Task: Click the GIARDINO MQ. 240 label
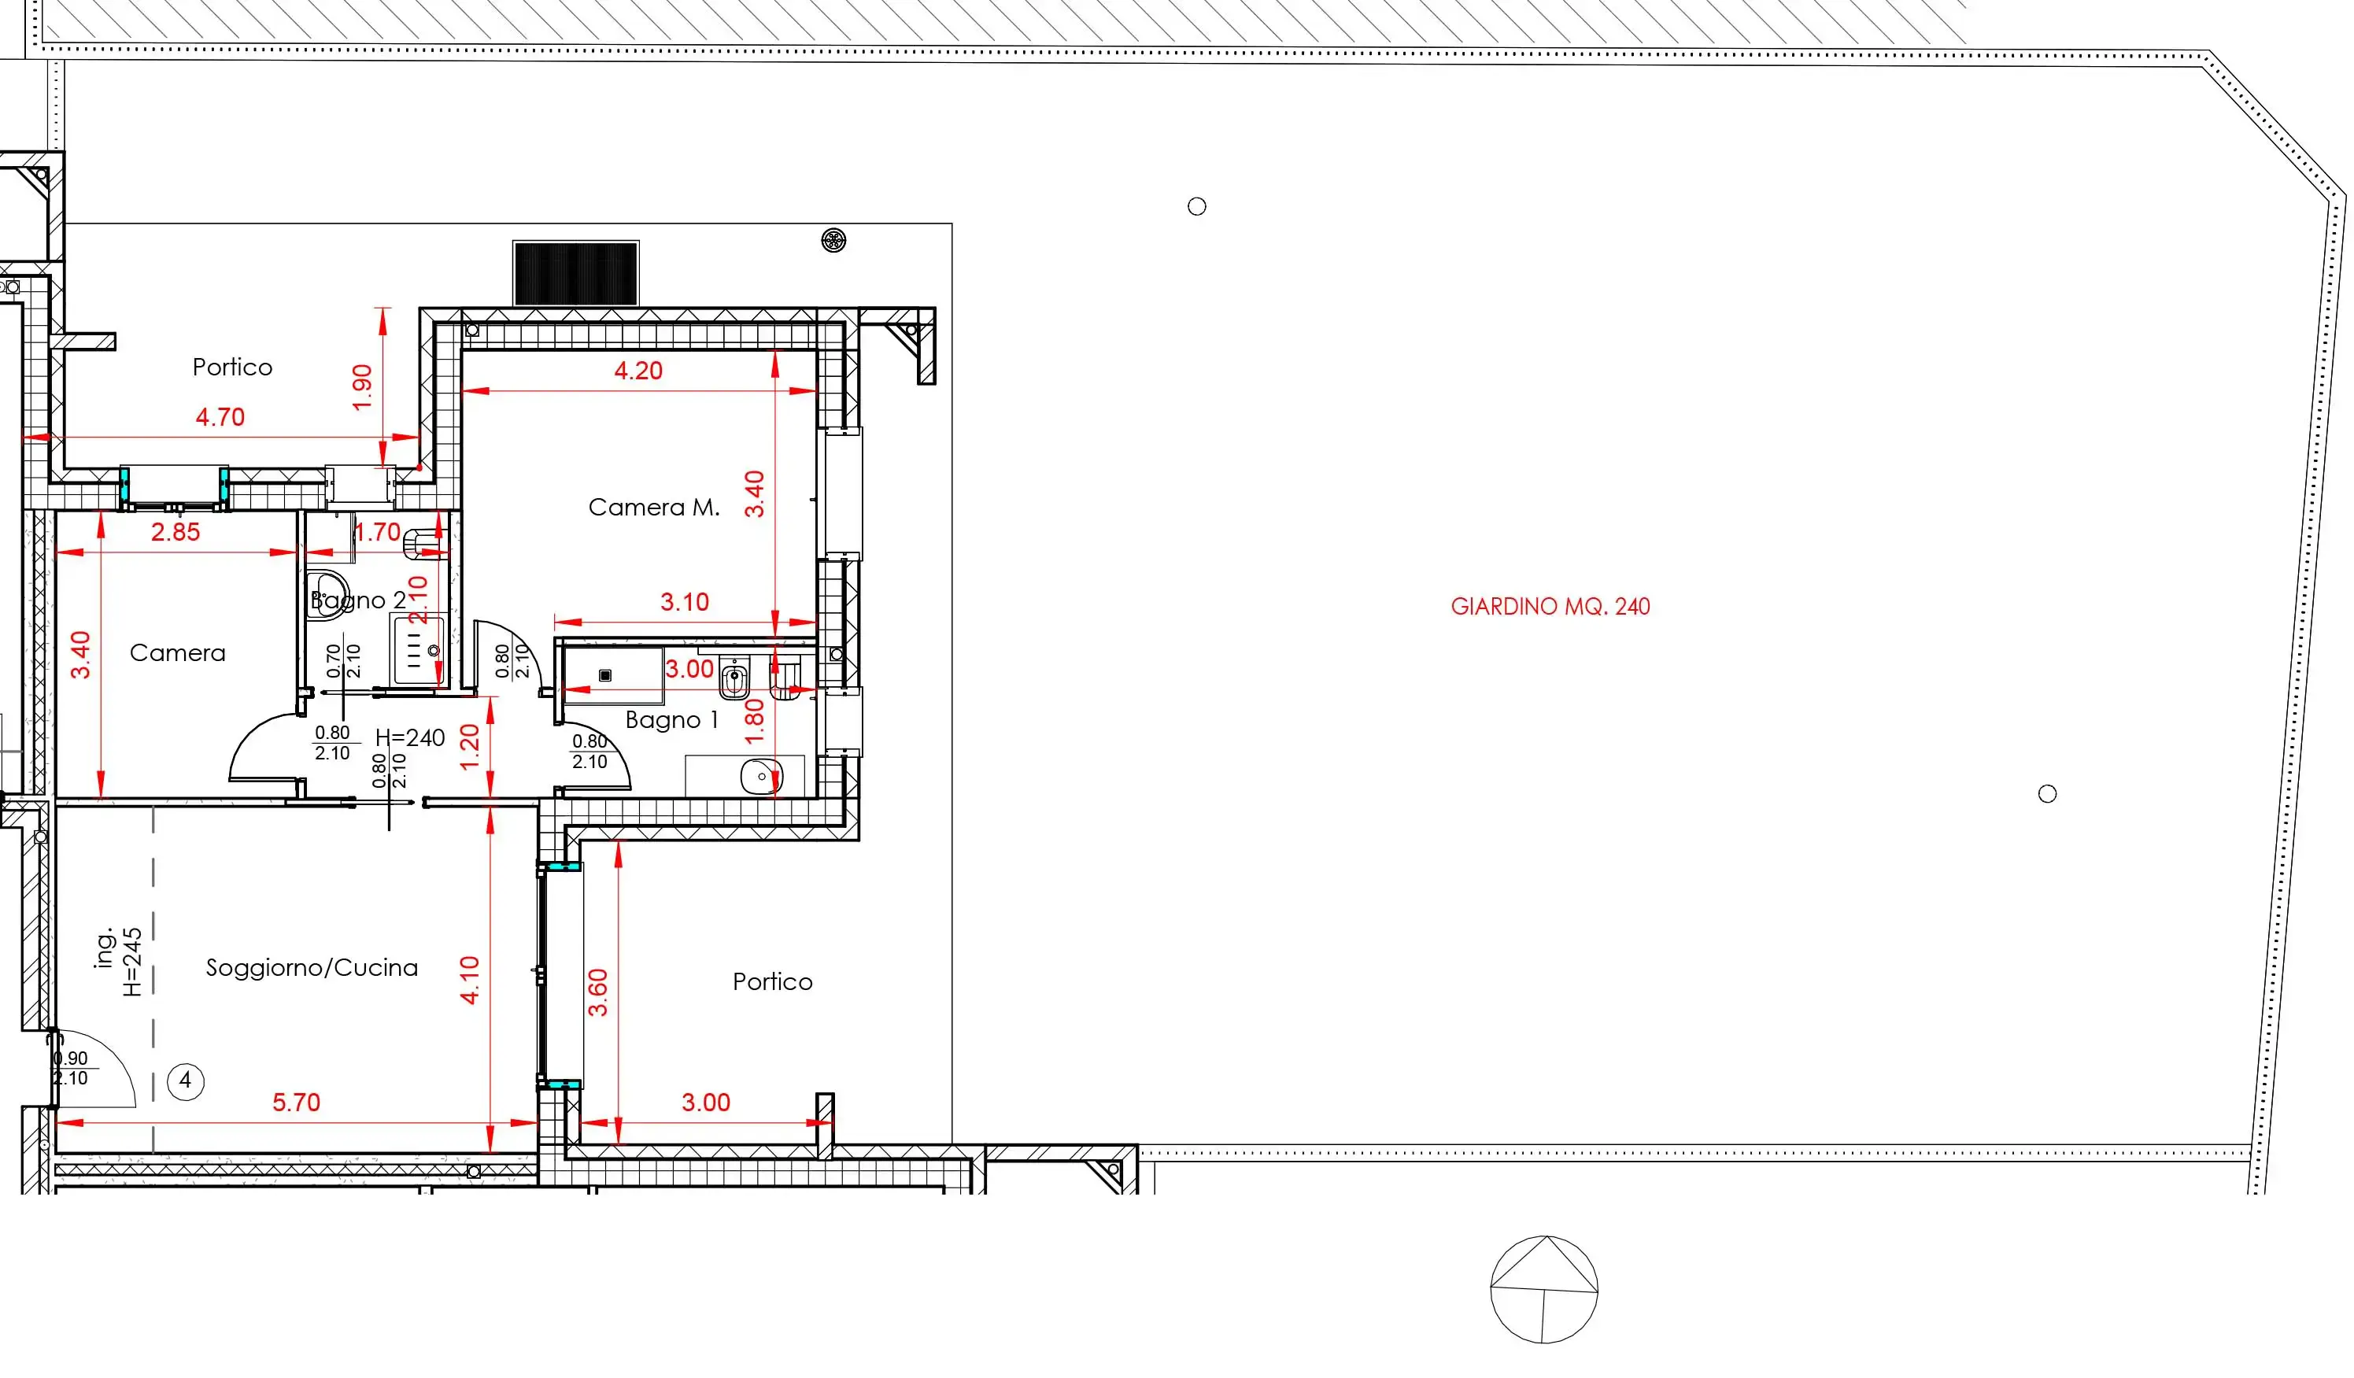click(x=1550, y=606)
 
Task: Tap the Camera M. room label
click(x=654, y=508)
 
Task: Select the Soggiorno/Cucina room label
click(x=312, y=967)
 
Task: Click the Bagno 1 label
click(x=671, y=719)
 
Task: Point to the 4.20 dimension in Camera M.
click(x=638, y=371)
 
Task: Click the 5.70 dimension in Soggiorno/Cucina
click(x=296, y=1103)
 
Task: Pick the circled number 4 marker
click(x=185, y=1081)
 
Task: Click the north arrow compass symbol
click(x=1544, y=1289)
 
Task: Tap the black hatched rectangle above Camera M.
click(x=575, y=273)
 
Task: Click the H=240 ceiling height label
click(x=410, y=738)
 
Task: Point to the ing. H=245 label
click(x=120, y=962)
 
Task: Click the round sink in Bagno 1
click(x=761, y=776)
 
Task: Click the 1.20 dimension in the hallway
click(x=470, y=747)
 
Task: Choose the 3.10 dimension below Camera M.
click(x=685, y=602)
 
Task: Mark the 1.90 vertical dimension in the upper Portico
click(x=363, y=386)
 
